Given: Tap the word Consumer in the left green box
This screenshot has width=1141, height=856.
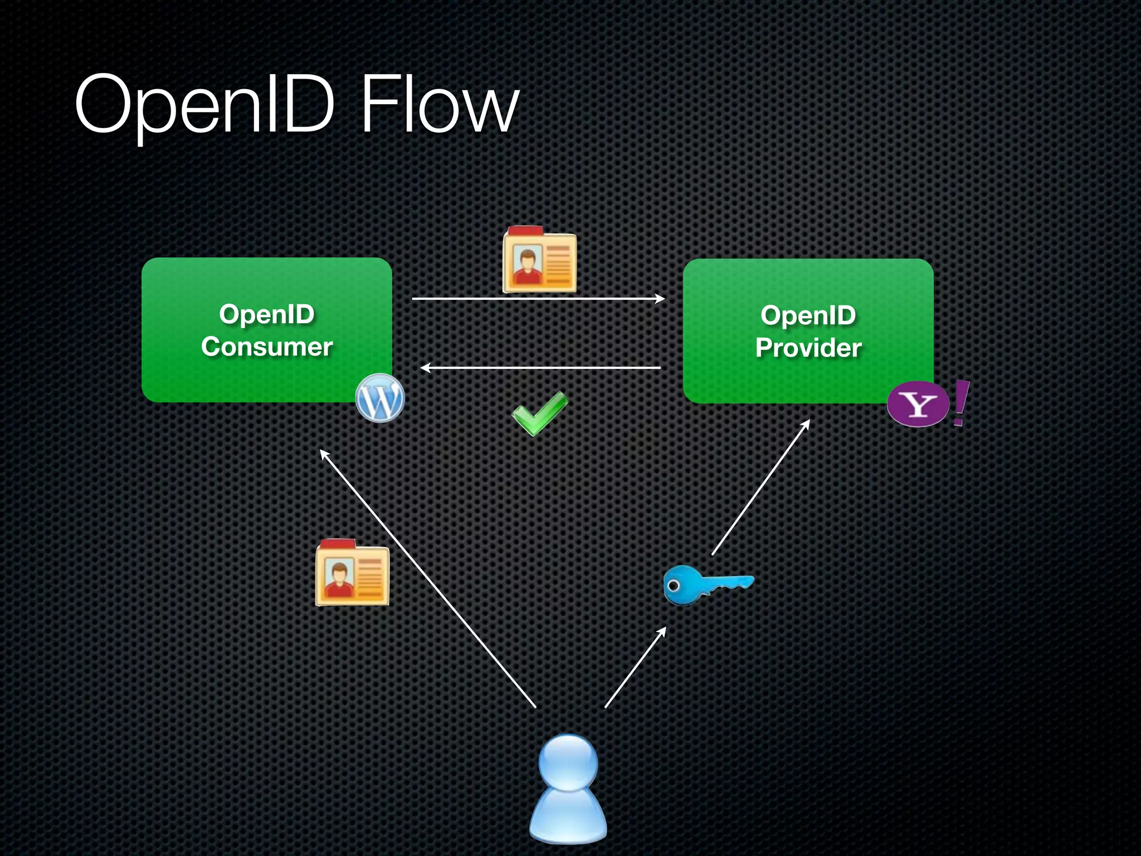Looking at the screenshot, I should click(x=267, y=347).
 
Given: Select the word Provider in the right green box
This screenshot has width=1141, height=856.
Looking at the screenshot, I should click(x=808, y=348).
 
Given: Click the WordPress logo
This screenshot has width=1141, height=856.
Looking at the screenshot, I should click(x=380, y=398).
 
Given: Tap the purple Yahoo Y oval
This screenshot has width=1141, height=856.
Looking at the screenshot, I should click(x=918, y=405).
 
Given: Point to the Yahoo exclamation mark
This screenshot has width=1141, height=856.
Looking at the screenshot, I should click(x=960, y=402).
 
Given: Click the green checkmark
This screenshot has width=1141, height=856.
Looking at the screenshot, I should click(x=539, y=413).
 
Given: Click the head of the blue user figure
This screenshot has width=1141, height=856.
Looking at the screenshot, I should click(x=568, y=762).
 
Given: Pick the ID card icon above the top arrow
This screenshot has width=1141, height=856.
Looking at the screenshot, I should click(x=539, y=260).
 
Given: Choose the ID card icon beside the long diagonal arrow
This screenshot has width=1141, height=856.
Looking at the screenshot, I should click(x=352, y=572).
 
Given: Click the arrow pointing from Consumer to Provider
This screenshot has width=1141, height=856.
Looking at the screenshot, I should click(x=538, y=299).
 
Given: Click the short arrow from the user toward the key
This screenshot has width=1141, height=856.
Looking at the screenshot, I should click(x=635, y=667).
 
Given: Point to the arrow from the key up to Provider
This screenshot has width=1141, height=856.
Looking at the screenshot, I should click(x=760, y=487).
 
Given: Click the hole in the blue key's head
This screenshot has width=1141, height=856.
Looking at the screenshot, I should click(x=674, y=586).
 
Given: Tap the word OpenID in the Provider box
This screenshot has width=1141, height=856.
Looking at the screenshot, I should click(x=808, y=315).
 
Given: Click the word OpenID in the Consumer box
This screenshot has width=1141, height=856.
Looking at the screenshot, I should click(x=267, y=314).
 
